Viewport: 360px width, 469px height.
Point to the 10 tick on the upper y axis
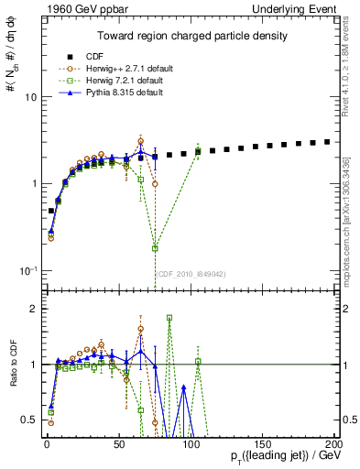[x=32, y=97]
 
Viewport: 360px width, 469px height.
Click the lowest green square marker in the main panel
[x=155, y=248]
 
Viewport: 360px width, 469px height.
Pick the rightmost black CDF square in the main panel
[x=327, y=142]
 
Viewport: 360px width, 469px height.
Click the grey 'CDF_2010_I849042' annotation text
[x=193, y=274]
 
